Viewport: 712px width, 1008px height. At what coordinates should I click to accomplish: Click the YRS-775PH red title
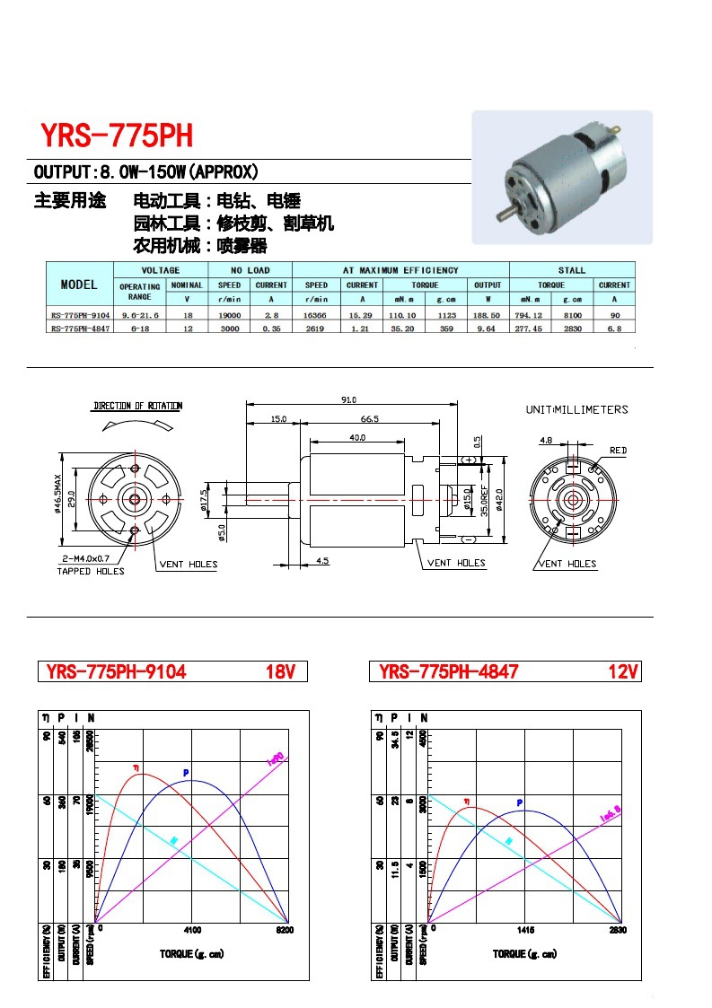pos(116,136)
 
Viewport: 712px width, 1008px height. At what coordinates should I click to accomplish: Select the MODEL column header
pos(79,285)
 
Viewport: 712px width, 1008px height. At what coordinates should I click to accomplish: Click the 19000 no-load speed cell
pos(229,315)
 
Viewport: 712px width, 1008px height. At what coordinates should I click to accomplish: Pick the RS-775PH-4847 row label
pos(80,329)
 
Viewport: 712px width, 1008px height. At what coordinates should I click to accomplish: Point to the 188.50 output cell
pos(488,315)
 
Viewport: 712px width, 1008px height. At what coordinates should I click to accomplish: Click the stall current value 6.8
pos(614,329)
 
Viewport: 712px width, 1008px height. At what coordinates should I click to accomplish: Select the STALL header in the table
pos(571,270)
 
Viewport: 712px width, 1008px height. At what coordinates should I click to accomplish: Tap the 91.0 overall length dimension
pos(348,399)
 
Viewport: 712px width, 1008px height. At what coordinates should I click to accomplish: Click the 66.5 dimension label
pos(369,418)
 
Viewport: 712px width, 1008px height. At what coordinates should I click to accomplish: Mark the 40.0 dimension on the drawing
pos(357,437)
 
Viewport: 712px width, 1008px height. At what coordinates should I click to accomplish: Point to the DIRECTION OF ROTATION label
pos(137,406)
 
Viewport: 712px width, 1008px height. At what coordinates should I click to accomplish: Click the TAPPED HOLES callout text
pos(91,571)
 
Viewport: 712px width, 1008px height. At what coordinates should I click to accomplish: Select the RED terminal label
pos(618,450)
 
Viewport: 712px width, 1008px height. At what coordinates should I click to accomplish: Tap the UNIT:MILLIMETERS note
pos(576,409)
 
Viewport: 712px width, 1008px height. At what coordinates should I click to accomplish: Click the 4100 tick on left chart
pos(192,929)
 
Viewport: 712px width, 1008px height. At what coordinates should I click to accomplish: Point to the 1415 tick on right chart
pos(526,929)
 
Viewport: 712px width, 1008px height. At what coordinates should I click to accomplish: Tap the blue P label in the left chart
pos(186,772)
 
